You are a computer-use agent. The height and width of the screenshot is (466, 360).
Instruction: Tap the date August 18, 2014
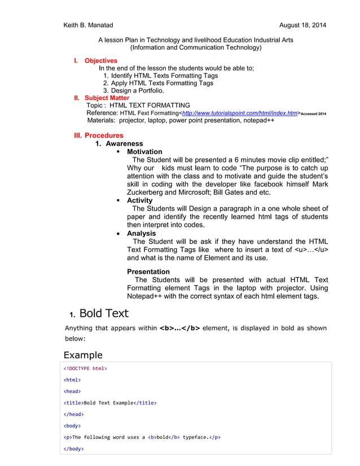click(x=302, y=25)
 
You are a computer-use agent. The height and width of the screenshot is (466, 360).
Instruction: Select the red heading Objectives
click(x=101, y=61)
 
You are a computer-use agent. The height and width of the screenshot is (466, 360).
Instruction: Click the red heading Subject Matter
click(x=107, y=98)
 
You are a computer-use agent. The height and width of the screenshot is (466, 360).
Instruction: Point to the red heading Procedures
click(x=104, y=135)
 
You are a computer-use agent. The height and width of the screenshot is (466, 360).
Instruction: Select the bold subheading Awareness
click(x=124, y=144)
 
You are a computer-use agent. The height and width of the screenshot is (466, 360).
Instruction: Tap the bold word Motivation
click(x=144, y=152)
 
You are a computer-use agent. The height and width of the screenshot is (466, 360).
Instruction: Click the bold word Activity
click(x=139, y=200)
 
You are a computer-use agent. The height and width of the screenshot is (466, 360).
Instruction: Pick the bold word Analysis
click(x=141, y=233)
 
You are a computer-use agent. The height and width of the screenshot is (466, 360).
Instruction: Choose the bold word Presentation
click(x=148, y=271)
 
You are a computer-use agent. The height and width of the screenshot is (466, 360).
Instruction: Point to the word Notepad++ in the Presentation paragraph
click(x=147, y=296)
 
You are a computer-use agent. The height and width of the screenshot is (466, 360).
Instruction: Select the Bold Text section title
click(x=104, y=313)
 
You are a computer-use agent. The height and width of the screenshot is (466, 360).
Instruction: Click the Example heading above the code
click(x=83, y=355)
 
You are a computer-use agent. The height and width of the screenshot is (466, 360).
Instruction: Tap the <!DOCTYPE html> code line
click(x=85, y=369)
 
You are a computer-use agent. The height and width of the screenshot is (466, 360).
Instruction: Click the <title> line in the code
click(x=109, y=403)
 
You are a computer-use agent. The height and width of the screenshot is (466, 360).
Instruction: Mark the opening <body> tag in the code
click(x=72, y=426)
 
